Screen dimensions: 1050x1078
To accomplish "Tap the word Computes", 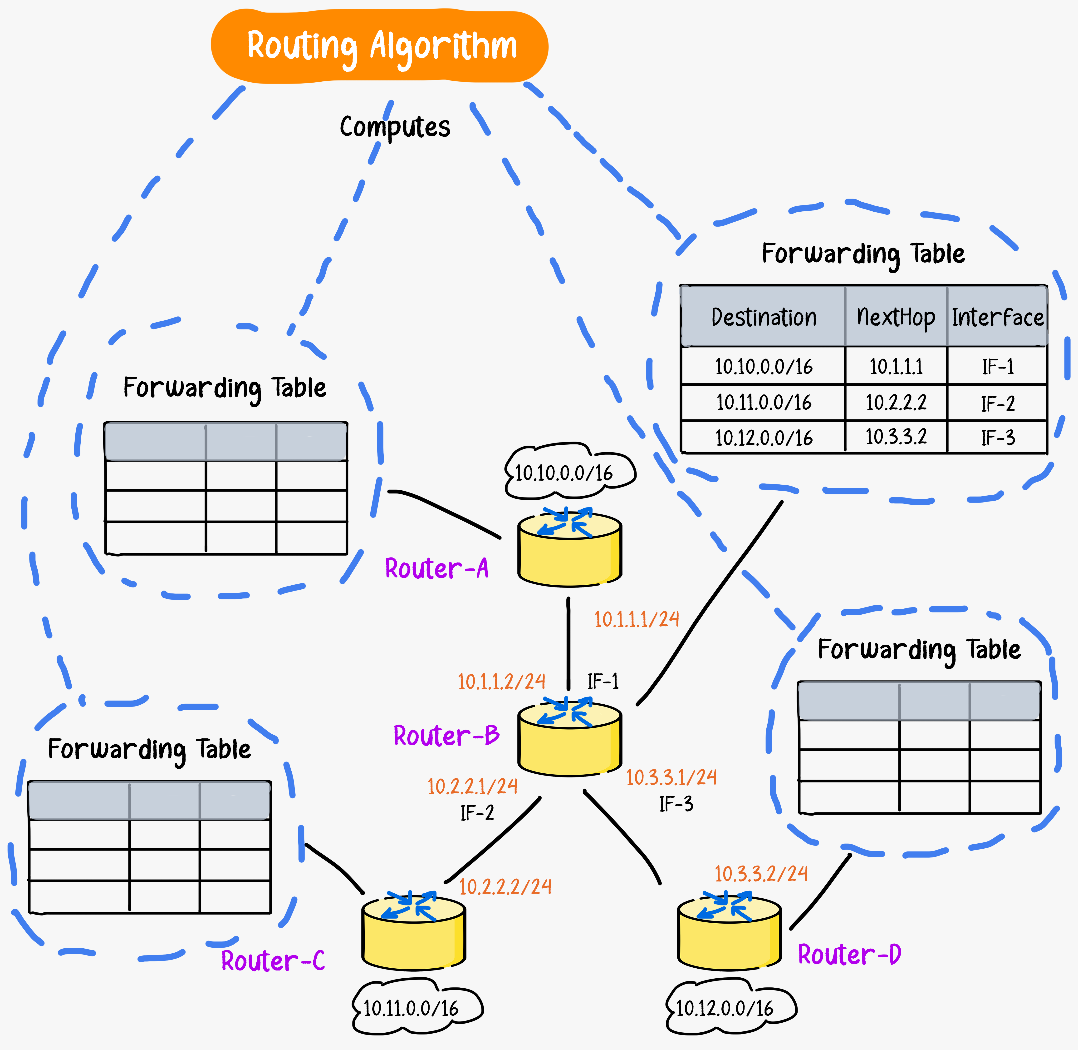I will coord(395,127).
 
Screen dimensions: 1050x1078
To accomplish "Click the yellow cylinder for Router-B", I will coord(569,742).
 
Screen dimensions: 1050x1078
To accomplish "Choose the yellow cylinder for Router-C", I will coord(413,935).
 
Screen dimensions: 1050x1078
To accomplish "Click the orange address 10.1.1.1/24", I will coord(637,619).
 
